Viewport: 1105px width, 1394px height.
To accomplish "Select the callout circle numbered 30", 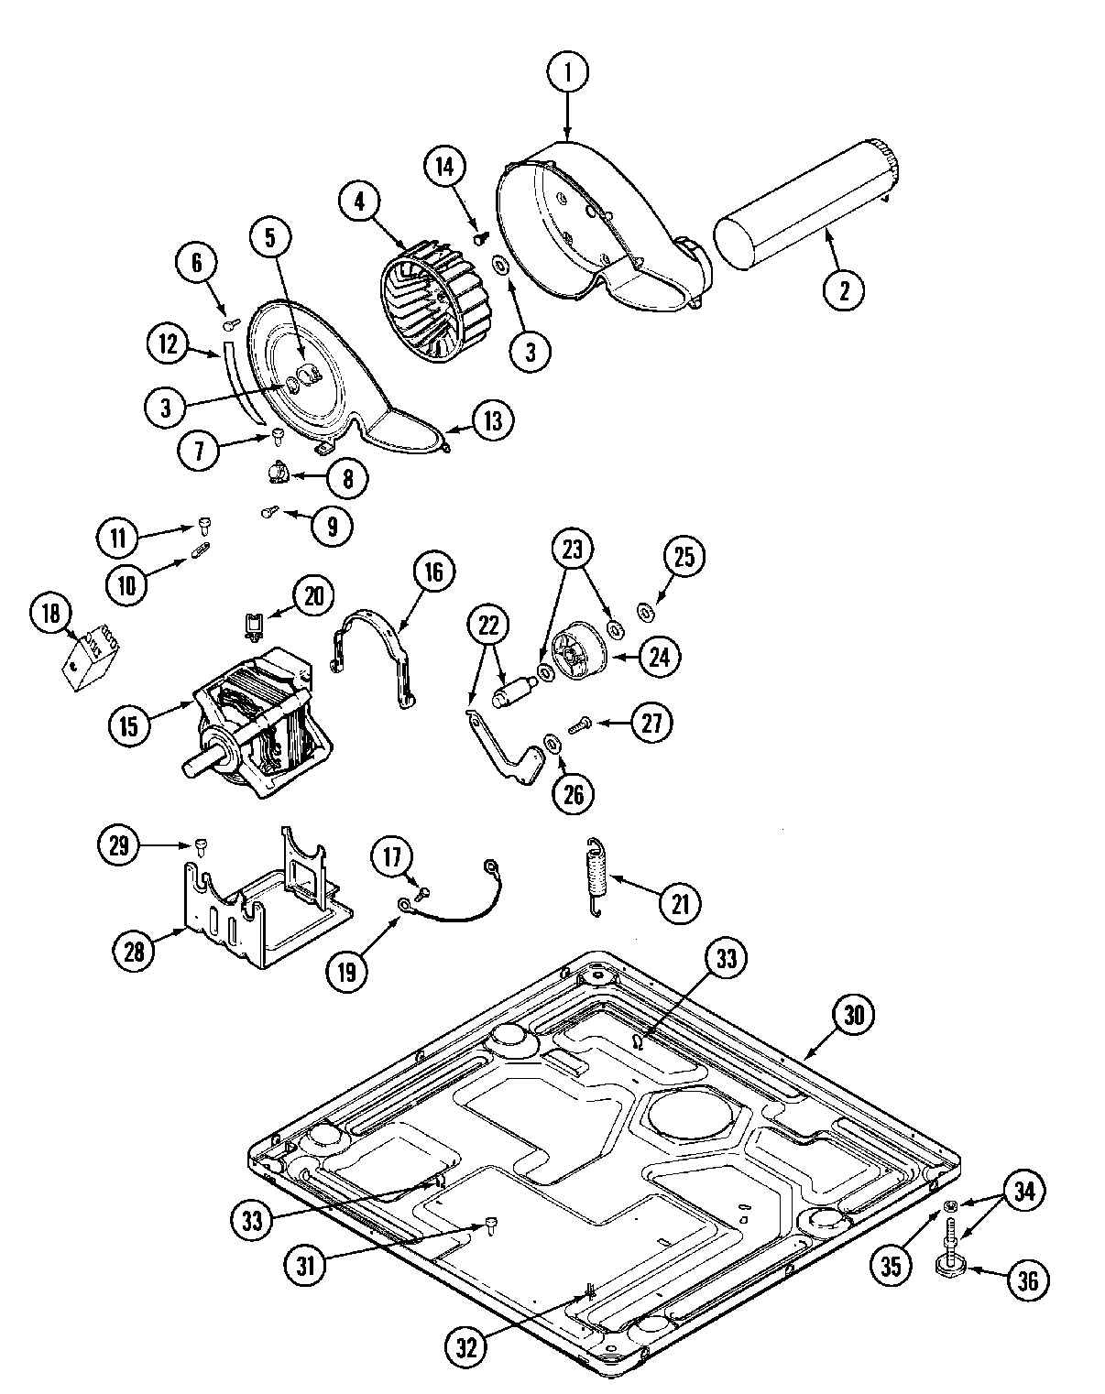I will coord(853,1014).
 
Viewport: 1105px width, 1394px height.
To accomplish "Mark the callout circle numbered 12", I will coord(167,343).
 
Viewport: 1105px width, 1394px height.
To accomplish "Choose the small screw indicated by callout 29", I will coord(199,844).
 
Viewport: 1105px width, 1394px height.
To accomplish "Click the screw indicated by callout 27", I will coord(578,725).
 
